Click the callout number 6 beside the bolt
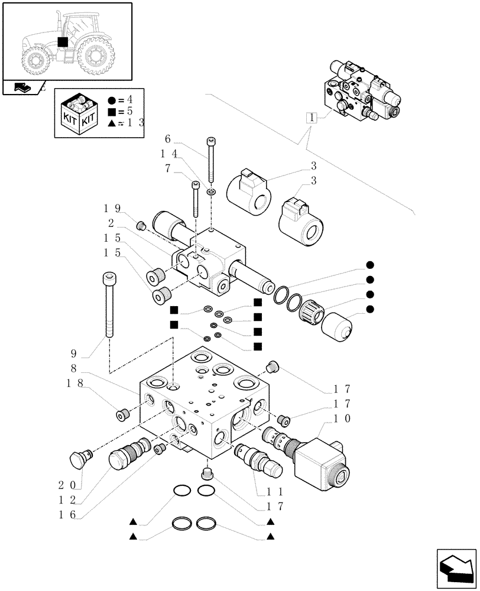pyautogui.click(x=168, y=140)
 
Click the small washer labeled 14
pyautogui.click(x=212, y=192)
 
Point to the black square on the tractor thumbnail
pyautogui.click(x=63, y=42)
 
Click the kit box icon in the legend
pyautogui.click(x=79, y=113)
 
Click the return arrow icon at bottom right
pyautogui.click(x=455, y=568)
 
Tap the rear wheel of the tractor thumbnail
pyautogui.click(x=95, y=58)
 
